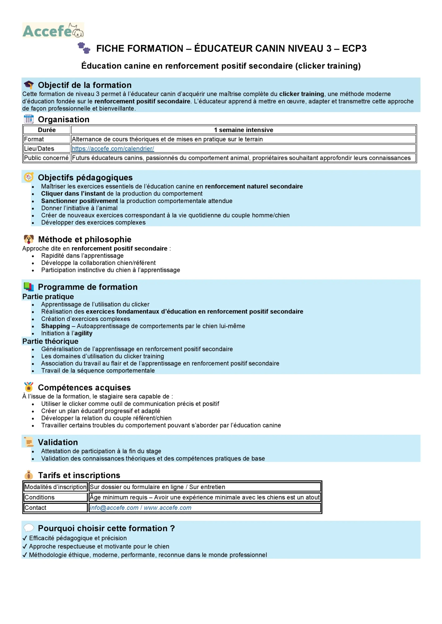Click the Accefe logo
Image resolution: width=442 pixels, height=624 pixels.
click(53, 30)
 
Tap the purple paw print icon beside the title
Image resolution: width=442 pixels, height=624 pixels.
click(84, 48)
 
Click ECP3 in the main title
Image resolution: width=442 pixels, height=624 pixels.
click(354, 49)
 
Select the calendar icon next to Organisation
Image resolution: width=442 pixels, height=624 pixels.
click(29, 119)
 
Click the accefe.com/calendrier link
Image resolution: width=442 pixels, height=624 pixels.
click(113, 149)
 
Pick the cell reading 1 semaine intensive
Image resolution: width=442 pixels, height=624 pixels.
click(243, 130)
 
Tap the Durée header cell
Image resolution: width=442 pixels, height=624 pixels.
click(47, 130)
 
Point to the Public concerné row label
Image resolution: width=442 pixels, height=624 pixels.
click(46, 158)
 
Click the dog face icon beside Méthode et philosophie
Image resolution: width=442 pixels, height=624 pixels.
click(29, 239)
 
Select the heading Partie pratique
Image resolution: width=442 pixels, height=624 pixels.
click(48, 297)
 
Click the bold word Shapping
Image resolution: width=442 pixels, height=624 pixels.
click(56, 326)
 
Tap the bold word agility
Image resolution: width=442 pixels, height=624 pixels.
click(83, 333)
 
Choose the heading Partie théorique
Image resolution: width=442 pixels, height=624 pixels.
click(50, 341)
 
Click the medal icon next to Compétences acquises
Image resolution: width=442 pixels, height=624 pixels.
click(29, 387)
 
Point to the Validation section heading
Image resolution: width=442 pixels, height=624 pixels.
click(58, 442)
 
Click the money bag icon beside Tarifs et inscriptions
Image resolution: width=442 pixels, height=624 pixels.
click(29, 475)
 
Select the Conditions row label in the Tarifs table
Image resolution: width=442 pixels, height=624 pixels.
click(40, 497)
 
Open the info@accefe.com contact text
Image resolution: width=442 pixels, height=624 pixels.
click(114, 508)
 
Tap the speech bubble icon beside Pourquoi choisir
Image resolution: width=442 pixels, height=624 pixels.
click(29, 528)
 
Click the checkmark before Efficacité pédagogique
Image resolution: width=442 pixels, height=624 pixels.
click(25, 538)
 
